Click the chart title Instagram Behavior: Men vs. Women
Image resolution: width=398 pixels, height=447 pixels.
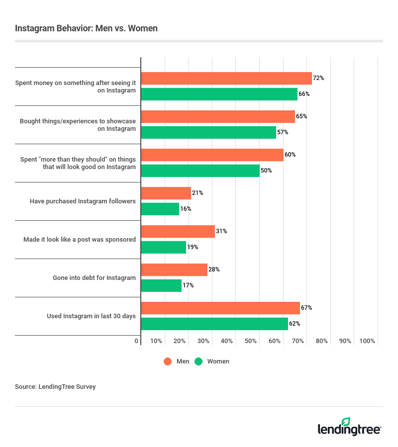(86, 28)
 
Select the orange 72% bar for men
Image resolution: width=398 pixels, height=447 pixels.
(226, 79)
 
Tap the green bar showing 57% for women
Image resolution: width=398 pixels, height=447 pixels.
(208, 132)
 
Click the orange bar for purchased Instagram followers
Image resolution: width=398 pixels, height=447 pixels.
(166, 193)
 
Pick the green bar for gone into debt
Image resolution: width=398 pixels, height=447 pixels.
(161, 285)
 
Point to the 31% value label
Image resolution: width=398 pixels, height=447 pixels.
(222, 231)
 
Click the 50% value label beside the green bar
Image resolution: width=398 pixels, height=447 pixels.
(267, 171)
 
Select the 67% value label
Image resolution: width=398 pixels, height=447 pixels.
(306, 308)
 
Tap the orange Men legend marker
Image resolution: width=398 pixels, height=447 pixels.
(168, 361)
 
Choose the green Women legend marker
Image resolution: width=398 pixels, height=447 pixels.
(199, 361)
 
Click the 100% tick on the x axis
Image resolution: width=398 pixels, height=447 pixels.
(367, 341)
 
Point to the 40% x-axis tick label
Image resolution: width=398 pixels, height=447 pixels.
(227, 341)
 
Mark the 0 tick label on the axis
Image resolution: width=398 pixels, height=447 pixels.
(137, 341)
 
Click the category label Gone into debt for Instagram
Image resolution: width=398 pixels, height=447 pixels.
(94, 277)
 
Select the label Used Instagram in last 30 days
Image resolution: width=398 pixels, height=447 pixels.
(91, 316)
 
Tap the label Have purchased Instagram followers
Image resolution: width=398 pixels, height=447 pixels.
(83, 201)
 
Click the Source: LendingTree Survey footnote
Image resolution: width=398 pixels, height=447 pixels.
(55, 386)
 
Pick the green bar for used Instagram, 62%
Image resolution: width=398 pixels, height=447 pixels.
(214, 324)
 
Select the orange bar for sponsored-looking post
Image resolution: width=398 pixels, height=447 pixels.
(178, 231)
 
